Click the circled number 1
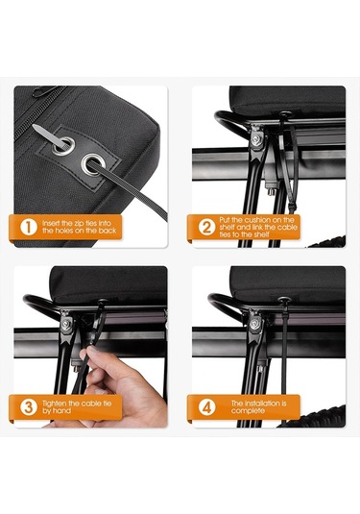(29, 227)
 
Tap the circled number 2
(206, 227)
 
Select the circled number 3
(29, 407)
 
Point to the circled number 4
(206, 407)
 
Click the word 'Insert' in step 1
(51, 224)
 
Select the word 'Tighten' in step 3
(54, 404)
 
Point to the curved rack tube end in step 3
(39, 305)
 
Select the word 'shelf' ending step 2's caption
(261, 234)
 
